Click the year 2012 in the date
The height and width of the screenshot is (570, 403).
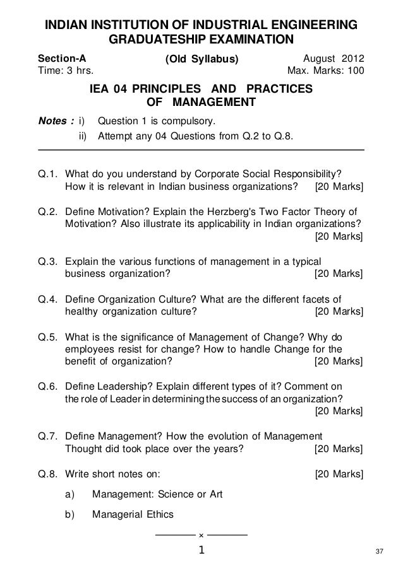pos(352,59)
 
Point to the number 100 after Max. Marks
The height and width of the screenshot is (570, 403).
pos(354,70)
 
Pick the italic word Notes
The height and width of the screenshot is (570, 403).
pos(54,119)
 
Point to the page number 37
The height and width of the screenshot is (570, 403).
pos(379,553)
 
